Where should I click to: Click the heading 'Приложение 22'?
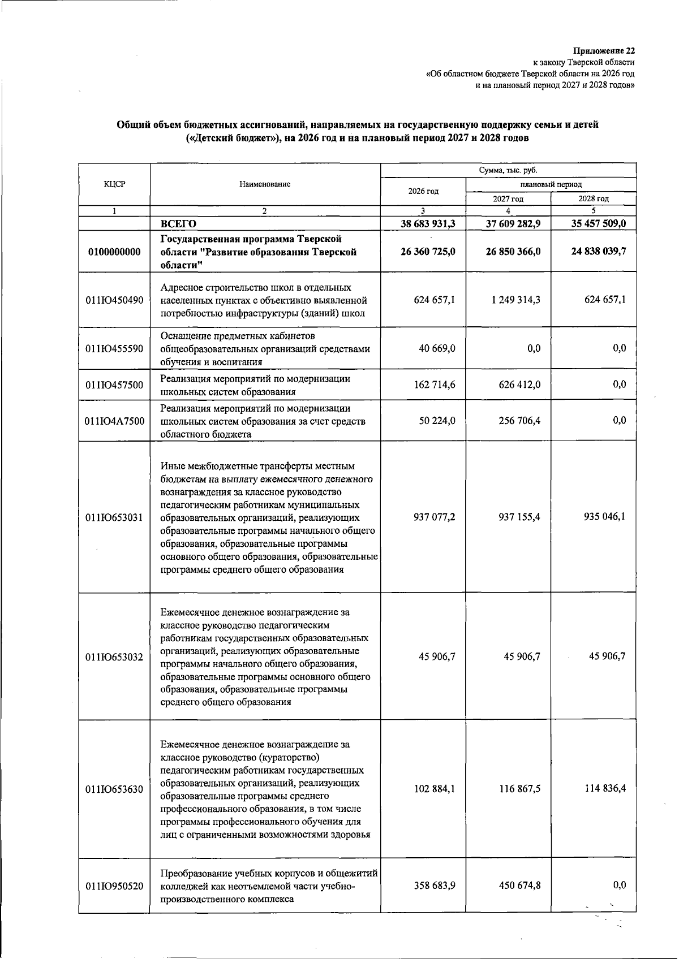tap(604, 51)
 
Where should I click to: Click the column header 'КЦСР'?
tap(114, 184)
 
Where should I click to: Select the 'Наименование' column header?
tap(265, 184)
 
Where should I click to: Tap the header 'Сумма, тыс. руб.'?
tap(508, 170)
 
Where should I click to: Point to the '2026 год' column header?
tap(423, 191)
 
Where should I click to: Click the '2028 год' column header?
tap(593, 198)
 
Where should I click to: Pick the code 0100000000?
tap(114, 252)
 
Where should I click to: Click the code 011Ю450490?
tap(114, 300)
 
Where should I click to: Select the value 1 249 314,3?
tap(513, 300)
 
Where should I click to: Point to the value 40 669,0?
tap(436, 349)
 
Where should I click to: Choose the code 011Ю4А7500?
tap(114, 421)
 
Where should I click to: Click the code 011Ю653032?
tap(114, 657)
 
